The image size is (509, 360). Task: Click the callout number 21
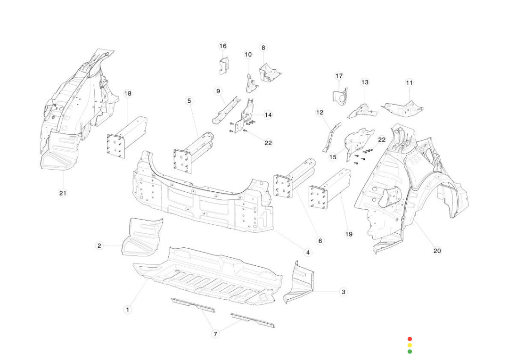coord(63,193)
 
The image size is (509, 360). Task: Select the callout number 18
coord(128,93)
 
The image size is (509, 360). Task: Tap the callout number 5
coord(189,101)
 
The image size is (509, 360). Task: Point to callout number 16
coord(223,46)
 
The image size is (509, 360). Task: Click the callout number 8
coord(263,48)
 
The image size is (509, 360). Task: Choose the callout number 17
coord(339,76)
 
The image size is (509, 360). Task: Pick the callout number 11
coord(409,83)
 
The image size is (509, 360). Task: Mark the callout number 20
coord(437,251)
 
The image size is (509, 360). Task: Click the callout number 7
coord(215,334)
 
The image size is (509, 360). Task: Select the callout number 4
coord(308,253)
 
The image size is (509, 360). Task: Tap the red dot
coord(410,339)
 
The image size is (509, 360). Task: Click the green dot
coord(410,352)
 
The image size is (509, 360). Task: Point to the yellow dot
coord(410,345)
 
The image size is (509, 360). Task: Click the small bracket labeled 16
coord(223,65)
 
